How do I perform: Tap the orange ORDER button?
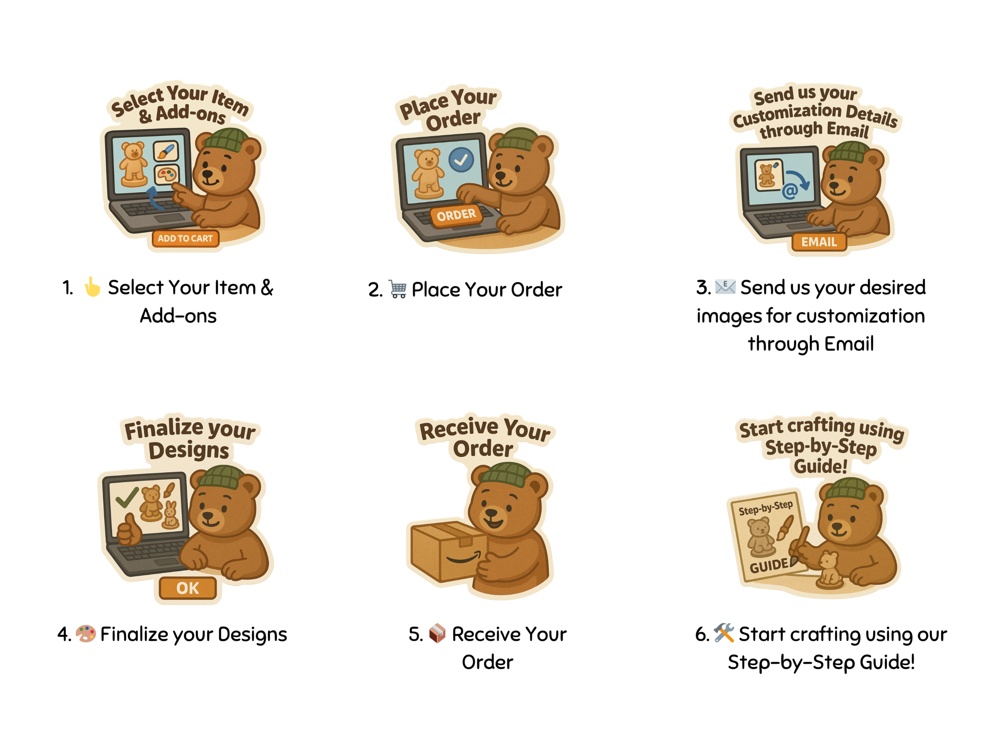456,216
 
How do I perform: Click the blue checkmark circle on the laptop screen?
461,160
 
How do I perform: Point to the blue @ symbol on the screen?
790,191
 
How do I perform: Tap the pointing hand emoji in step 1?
92,287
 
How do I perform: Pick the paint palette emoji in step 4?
86,633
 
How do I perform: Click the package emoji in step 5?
437,633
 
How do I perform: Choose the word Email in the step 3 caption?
849,344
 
